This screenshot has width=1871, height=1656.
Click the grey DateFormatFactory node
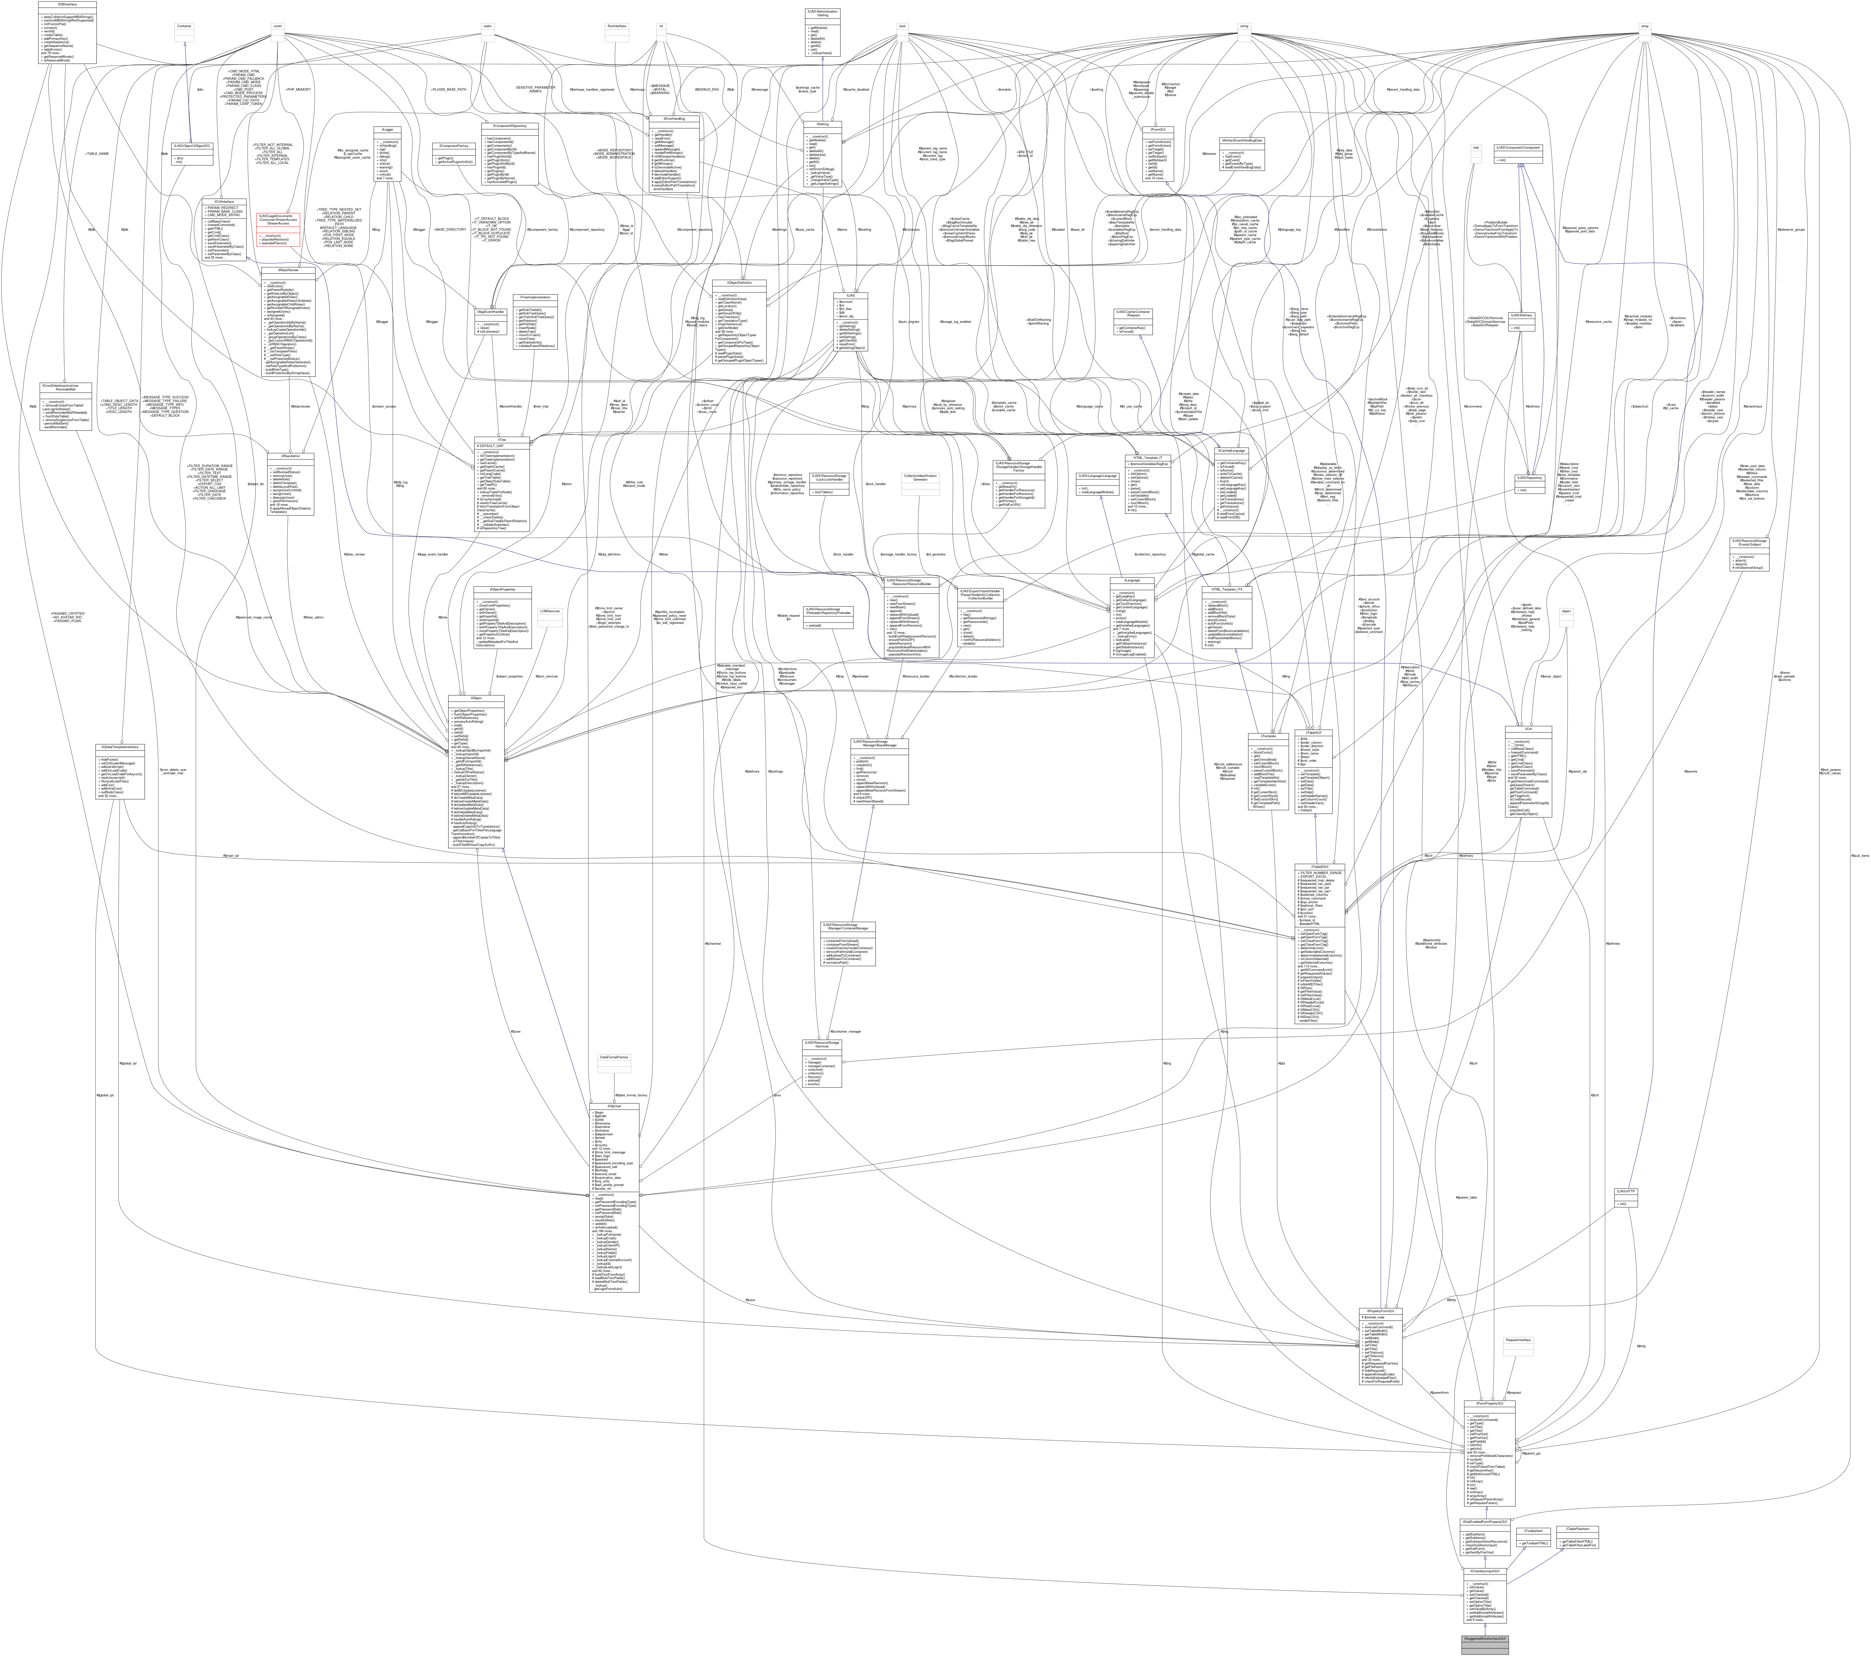tap(613, 1057)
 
